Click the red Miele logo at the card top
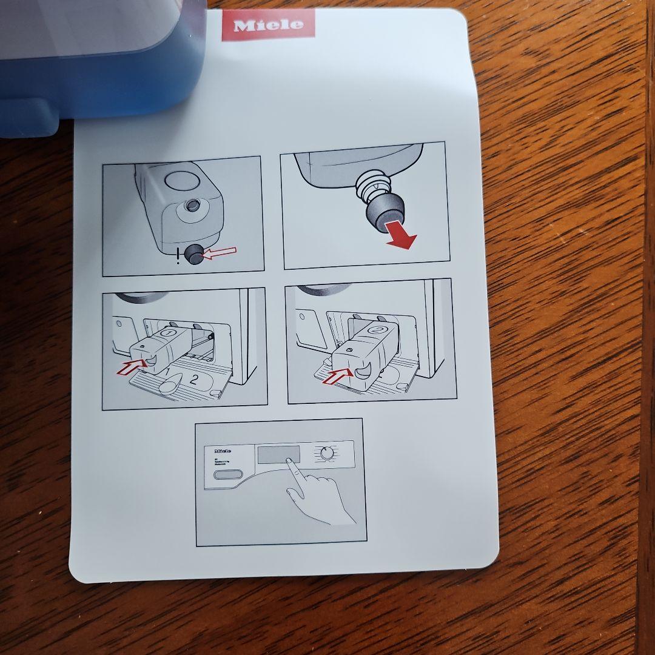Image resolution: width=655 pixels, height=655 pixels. coord(268,25)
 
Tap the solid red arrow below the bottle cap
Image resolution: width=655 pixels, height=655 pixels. coord(401,239)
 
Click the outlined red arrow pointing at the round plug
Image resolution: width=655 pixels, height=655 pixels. coord(218,254)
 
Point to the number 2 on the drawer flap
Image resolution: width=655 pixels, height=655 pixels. coord(194,380)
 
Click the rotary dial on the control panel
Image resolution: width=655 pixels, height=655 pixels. coord(327,453)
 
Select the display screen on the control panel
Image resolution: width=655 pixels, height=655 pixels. coord(278,454)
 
